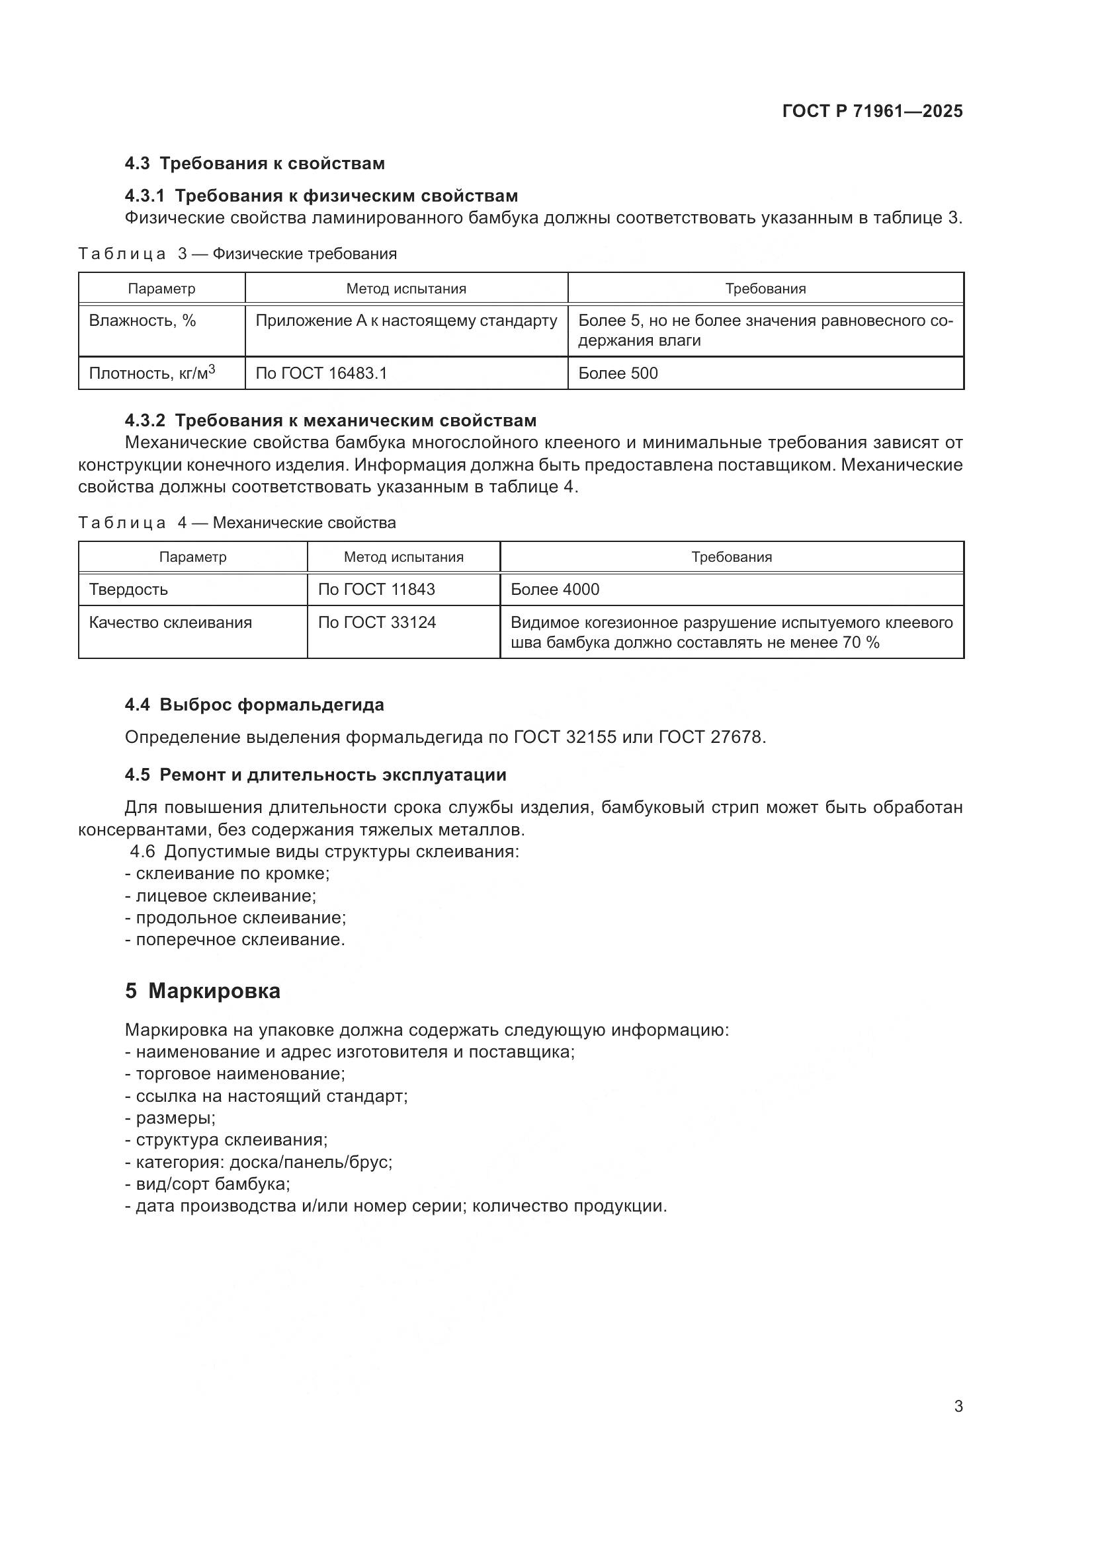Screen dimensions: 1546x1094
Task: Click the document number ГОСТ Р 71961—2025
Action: coord(872,112)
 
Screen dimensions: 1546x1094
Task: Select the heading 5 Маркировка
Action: coord(202,991)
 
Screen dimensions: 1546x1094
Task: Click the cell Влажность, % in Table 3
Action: coord(142,321)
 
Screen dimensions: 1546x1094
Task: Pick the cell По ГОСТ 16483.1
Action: coord(321,373)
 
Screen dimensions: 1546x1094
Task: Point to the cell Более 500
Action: coord(618,373)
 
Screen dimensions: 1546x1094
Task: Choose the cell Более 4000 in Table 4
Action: coord(554,589)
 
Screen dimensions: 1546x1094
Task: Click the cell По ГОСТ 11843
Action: coord(376,589)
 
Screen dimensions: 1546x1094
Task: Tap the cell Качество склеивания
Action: coord(170,622)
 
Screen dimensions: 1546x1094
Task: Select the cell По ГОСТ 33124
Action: coord(376,622)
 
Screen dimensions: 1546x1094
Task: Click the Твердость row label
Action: coord(128,589)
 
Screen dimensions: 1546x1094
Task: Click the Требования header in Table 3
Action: coord(765,289)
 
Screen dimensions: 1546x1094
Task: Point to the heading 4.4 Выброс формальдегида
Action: coord(254,705)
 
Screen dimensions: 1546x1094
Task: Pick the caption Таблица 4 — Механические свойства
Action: coord(237,523)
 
